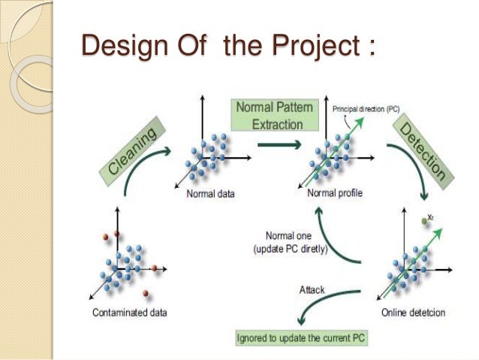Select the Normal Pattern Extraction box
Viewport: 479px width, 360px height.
[x=270, y=114]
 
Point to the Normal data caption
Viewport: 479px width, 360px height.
[x=209, y=194]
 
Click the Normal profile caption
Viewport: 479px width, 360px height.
[x=336, y=193]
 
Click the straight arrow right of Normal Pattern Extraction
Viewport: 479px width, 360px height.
[x=272, y=144]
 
